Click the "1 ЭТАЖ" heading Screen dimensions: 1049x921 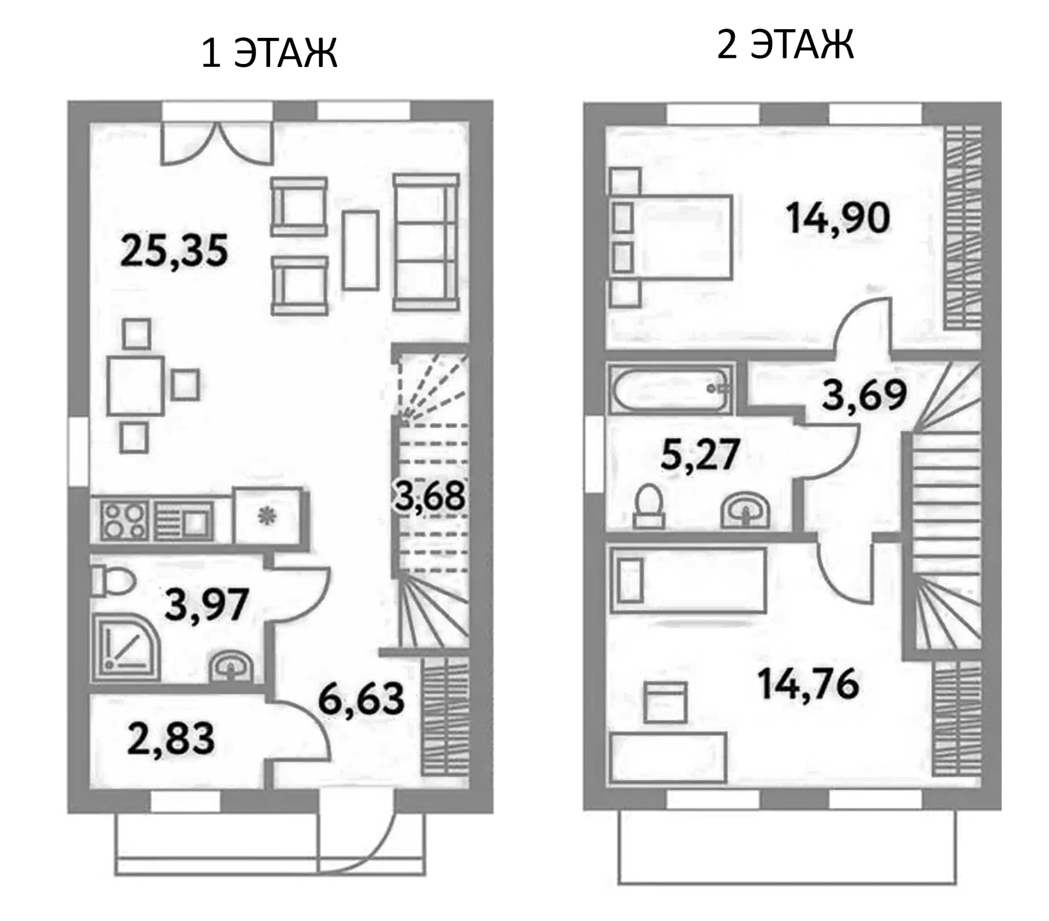[269, 53]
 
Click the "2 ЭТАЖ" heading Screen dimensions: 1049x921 [785, 44]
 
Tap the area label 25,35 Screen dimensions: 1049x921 [173, 251]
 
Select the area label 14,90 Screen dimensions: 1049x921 [838, 218]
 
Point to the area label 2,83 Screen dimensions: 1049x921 [170, 739]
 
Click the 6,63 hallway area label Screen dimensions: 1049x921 [361, 699]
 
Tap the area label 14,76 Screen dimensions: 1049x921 [808, 684]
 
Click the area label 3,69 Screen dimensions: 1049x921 [864, 395]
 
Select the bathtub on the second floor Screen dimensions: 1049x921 [669, 389]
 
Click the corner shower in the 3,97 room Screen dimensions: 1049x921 [126, 648]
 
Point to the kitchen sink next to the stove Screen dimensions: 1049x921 [184, 520]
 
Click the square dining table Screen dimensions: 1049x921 [136, 386]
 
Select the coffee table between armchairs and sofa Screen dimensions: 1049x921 [361, 250]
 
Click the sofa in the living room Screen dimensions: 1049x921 [426, 243]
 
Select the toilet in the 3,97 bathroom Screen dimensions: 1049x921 [113, 581]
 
